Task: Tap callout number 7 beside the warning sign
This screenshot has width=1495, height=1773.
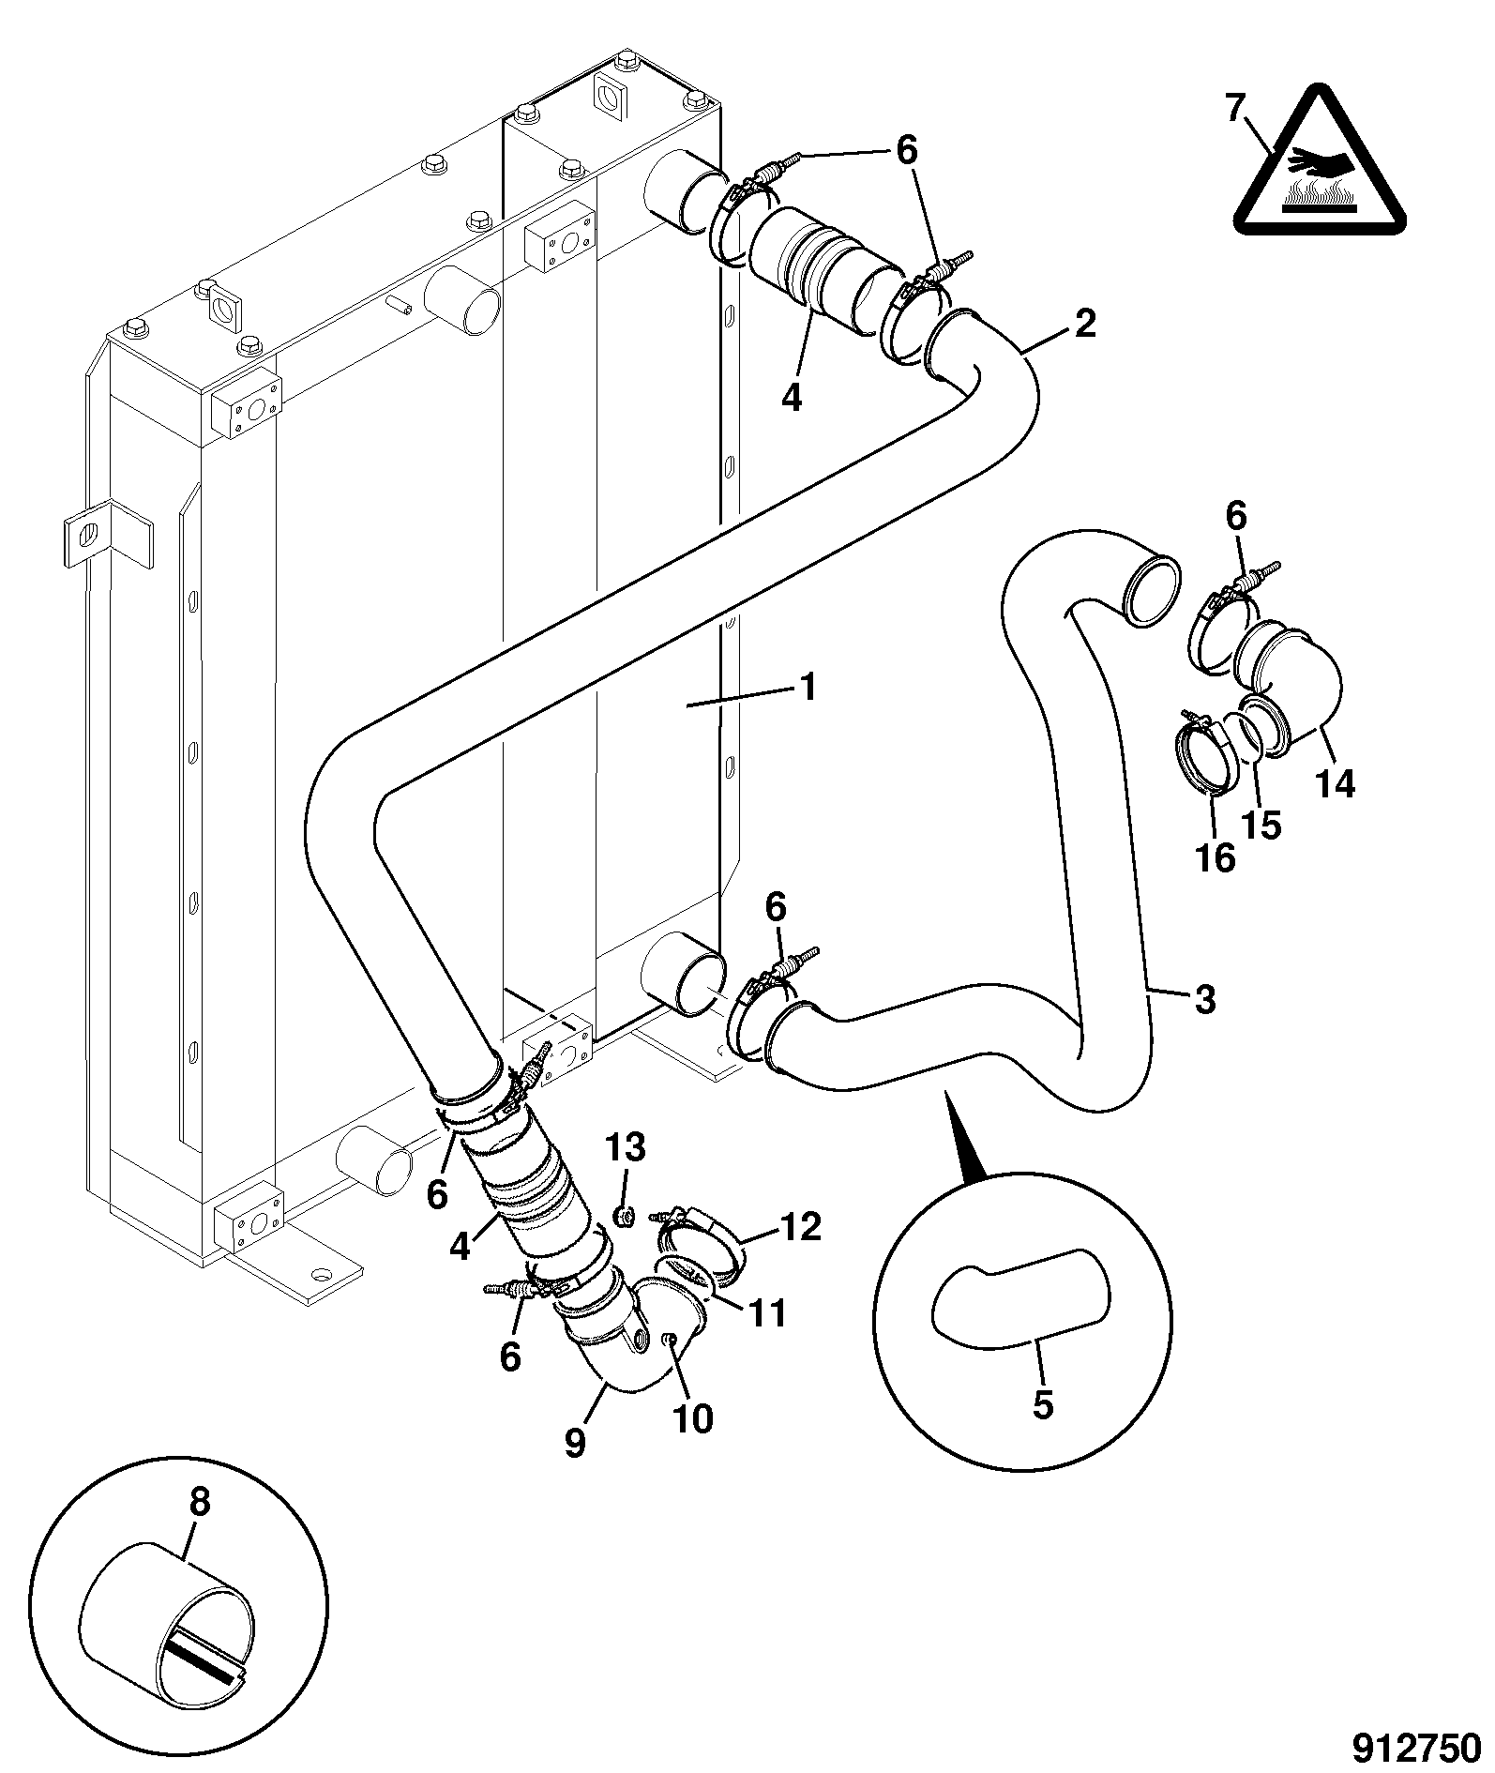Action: click(x=1235, y=110)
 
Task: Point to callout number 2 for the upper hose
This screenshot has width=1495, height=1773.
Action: click(x=1084, y=325)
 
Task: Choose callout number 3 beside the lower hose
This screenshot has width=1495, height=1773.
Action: click(x=1205, y=1000)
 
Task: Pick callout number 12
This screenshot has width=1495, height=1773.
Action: click(x=799, y=1226)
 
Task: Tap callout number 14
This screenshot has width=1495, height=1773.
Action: click(x=1336, y=782)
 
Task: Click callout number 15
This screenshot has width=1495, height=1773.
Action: click(x=1261, y=825)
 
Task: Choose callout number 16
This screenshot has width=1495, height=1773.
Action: click(x=1216, y=857)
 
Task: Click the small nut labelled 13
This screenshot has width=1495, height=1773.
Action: click(x=622, y=1217)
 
